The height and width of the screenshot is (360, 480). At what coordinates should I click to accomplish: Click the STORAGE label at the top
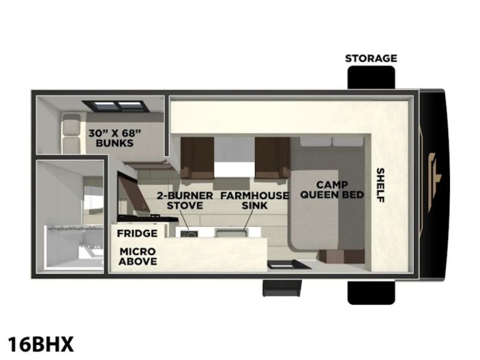(x=371, y=58)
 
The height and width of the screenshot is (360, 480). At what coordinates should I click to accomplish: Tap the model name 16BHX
(x=41, y=344)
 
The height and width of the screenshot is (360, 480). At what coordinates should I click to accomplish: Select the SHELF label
(x=380, y=185)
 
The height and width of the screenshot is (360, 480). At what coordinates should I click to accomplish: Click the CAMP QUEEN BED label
(x=332, y=190)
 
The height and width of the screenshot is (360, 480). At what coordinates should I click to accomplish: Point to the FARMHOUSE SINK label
(x=254, y=200)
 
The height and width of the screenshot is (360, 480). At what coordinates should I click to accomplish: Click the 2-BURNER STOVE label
(x=185, y=200)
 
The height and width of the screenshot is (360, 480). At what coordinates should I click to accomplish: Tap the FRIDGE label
(x=137, y=233)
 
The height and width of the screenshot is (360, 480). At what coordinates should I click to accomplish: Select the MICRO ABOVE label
(x=138, y=256)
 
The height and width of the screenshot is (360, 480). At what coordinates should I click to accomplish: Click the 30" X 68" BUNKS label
(x=115, y=138)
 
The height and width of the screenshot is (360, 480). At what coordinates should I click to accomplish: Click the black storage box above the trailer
(x=371, y=77)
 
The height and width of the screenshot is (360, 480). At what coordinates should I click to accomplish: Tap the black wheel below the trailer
(x=371, y=292)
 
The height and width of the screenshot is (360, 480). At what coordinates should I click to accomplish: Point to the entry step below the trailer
(x=281, y=288)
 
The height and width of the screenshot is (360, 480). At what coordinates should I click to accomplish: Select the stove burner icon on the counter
(x=189, y=234)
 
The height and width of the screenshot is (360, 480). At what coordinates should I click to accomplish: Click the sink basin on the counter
(x=232, y=233)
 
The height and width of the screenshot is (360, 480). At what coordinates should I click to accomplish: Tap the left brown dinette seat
(x=197, y=158)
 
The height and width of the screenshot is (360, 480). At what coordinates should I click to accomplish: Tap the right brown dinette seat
(x=272, y=158)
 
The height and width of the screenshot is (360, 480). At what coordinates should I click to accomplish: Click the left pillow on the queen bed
(x=316, y=142)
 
